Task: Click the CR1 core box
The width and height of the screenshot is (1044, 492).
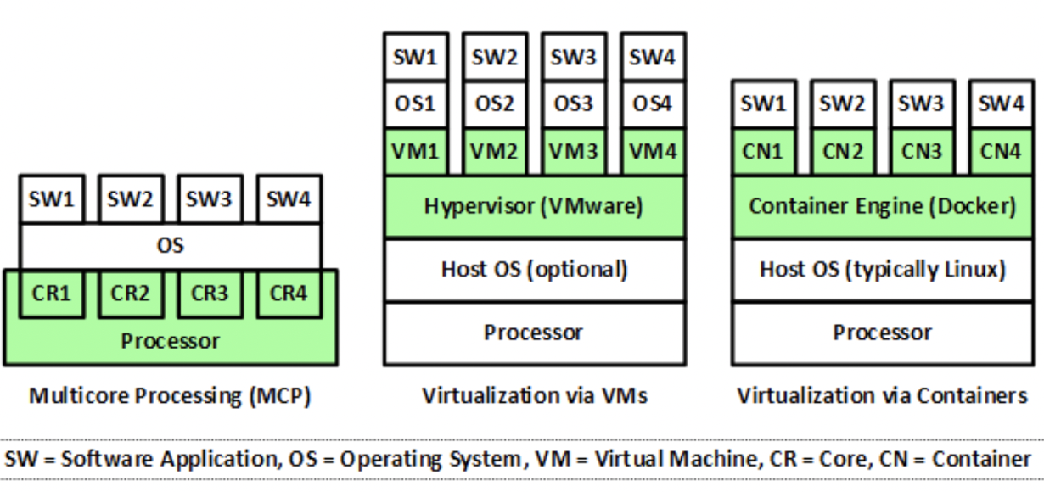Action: tap(51, 294)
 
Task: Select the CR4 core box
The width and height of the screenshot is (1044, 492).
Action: tap(288, 294)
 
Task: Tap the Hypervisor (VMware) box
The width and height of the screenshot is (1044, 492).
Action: tap(533, 207)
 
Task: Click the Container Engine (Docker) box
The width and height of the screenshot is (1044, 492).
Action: tap(882, 207)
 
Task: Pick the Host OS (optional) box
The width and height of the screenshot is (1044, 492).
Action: tap(533, 269)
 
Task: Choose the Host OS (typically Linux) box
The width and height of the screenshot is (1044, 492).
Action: tap(882, 269)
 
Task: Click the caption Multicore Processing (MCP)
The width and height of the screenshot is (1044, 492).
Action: tap(170, 396)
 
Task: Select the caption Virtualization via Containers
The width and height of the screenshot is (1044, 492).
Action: tap(882, 396)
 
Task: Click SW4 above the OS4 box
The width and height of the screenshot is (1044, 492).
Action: tap(652, 57)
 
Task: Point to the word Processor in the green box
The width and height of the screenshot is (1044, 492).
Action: tap(170, 341)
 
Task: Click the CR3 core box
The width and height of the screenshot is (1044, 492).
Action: tap(209, 294)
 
